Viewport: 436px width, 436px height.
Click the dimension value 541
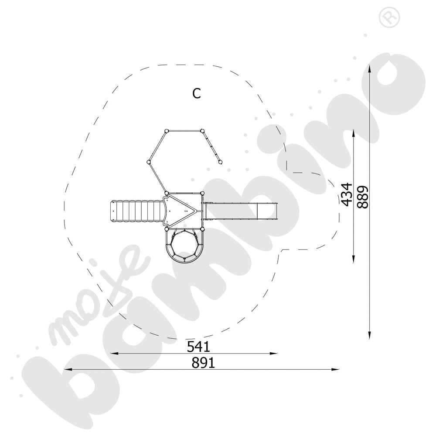click(x=198, y=347)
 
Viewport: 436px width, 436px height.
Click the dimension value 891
click(x=203, y=363)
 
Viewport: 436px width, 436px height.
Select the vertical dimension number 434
click(x=347, y=194)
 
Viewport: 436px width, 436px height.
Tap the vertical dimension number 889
click(x=363, y=197)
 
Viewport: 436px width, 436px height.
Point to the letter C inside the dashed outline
click(x=197, y=93)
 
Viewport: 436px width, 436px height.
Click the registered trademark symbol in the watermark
click(x=389, y=17)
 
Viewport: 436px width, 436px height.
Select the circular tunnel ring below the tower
click(x=184, y=245)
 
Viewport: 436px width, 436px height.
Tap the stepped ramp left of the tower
click(x=136, y=211)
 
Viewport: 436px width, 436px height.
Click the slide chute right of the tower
click(x=241, y=211)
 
